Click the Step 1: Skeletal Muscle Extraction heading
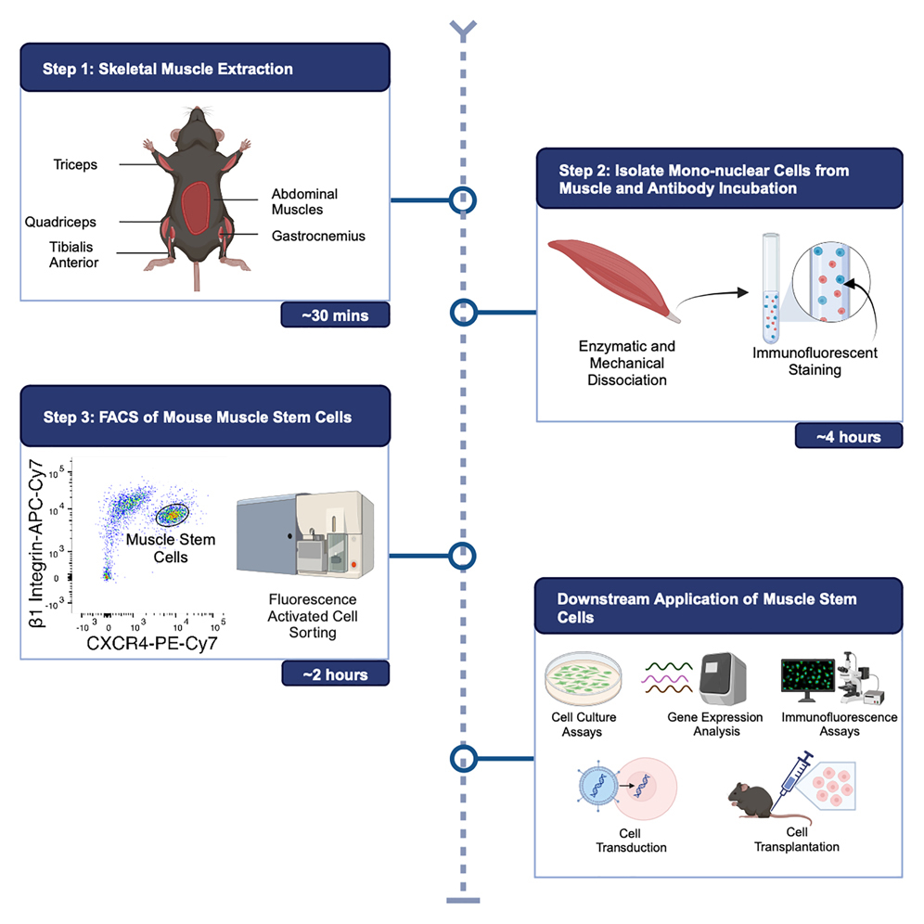tap(168, 70)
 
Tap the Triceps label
tap(75, 165)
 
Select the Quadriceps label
tap(61, 223)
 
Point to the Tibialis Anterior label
tap(75, 255)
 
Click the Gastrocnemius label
tap(318, 236)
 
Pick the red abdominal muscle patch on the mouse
tap(196, 208)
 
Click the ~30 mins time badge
tap(334, 315)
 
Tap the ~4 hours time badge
tap(848, 435)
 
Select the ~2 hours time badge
tap(334, 674)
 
